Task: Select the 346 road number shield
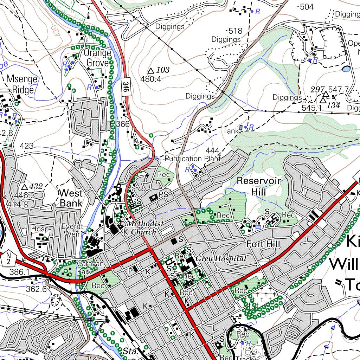click(126, 85)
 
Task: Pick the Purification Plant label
click(193, 159)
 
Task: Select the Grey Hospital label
click(221, 259)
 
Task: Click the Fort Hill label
click(263, 244)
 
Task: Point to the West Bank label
click(71, 198)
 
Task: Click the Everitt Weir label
click(72, 230)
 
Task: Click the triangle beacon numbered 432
click(24, 187)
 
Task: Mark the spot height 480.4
click(150, 79)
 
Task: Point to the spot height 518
click(235, 31)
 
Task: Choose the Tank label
click(231, 130)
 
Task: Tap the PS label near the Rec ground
click(163, 194)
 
